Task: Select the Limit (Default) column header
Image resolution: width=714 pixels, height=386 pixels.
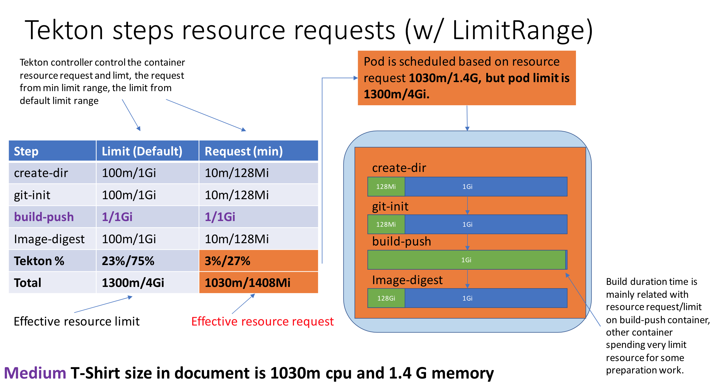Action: (x=142, y=151)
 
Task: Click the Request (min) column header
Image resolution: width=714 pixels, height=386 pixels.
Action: (x=243, y=151)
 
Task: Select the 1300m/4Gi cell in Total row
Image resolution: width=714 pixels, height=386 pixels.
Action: (x=133, y=283)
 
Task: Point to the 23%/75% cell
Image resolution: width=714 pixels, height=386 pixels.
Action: (x=128, y=261)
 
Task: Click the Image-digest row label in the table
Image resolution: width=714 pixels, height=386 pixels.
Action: (x=49, y=239)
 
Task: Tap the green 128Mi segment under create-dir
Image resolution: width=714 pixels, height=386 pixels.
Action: (x=386, y=187)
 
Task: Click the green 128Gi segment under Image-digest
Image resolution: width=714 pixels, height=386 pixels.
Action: (x=386, y=298)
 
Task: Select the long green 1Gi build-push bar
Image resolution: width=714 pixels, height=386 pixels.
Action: (x=466, y=260)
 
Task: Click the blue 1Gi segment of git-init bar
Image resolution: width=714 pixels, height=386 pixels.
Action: (x=485, y=224)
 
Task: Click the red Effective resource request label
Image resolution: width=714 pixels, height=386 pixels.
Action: (x=262, y=321)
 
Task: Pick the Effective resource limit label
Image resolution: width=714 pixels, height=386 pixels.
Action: (x=76, y=321)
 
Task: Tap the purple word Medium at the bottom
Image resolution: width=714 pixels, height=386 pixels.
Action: (x=35, y=373)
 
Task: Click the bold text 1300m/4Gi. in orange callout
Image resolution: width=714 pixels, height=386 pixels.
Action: (x=396, y=94)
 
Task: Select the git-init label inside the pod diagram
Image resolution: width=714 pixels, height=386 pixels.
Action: (x=390, y=206)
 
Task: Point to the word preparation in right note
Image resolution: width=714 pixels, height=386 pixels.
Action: (x=630, y=370)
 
